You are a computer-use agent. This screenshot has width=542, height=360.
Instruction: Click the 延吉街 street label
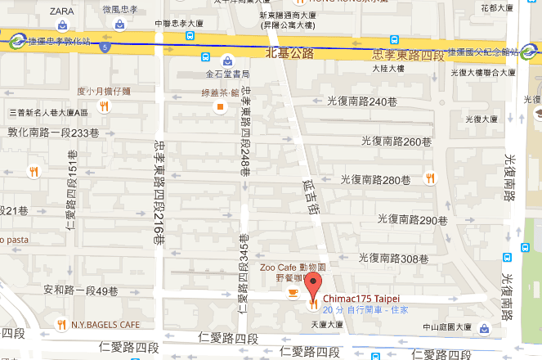tap(309, 200)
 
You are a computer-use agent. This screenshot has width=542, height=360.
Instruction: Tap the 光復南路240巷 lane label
tap(361, 102)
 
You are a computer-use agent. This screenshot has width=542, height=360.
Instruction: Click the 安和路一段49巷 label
tap(81, 290)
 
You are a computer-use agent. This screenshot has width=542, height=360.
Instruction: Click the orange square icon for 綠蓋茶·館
tap(219, 106)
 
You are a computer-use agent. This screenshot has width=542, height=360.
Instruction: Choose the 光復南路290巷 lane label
tap(412, 219)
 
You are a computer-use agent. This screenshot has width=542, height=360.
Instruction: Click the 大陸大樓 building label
tap(391, 70)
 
